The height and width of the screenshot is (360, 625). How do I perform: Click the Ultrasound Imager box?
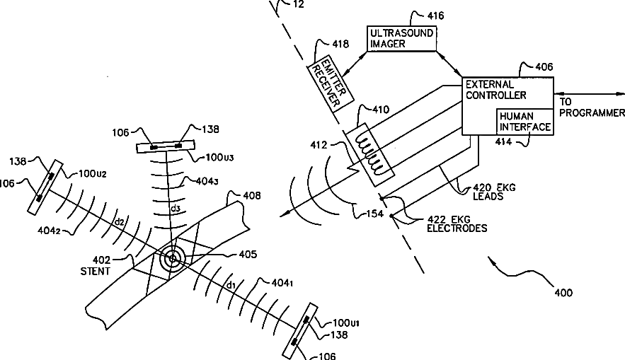coord(401,38)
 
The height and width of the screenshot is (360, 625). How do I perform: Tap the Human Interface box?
coord(524,122)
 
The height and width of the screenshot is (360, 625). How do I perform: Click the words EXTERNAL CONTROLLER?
coord(495,90)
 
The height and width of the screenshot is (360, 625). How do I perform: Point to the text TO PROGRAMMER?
coord(592,108)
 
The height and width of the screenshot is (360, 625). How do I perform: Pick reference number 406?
coord(544,66)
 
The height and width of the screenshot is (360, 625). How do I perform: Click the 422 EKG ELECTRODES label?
coord(453,223)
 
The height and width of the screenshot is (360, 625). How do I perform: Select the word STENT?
coord(96,272)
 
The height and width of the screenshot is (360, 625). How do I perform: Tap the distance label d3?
coord(173,209)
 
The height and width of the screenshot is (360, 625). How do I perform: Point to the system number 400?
coord(563,292)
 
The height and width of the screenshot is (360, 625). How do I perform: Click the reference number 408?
coord(251,194)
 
